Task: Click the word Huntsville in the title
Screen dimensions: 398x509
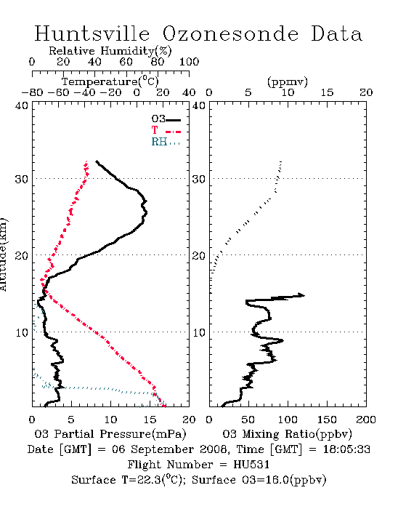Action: coord(92,33)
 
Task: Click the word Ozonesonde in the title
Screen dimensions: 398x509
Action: coord(230,33)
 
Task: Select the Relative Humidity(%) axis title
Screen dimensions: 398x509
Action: coord(110,51)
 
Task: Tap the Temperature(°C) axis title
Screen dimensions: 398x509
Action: coord(110,81)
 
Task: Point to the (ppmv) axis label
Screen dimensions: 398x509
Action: coord(288,82)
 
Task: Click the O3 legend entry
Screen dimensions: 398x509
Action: coord(166,119)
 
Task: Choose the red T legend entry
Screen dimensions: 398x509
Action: coord(166,130)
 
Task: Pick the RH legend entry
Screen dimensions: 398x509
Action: coord(166,142)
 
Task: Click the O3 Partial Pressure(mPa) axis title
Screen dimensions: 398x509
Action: coord(110,434)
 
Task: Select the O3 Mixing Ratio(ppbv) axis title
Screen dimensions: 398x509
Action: coord(287,434)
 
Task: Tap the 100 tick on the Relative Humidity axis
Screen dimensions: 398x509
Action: coord(189,62)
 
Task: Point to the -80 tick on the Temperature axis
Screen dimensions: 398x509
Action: coord(32,92)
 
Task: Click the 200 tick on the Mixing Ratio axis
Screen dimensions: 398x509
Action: coord(366,420)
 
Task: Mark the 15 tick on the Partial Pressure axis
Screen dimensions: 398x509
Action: coord(150,420)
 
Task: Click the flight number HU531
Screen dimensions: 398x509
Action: coord(251,465)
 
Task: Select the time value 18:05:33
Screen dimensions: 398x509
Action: coord(346,449)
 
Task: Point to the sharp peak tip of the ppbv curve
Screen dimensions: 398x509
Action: coord(304,295)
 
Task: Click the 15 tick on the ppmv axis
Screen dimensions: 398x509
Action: coord(327,92)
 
